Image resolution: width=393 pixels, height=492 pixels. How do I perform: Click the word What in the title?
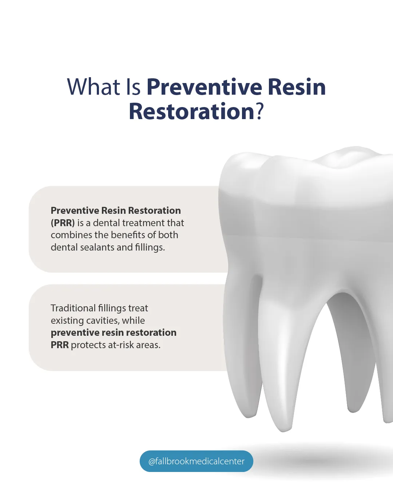(x=94, y=87)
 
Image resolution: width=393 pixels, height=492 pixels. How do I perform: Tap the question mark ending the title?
(x=259, y=111)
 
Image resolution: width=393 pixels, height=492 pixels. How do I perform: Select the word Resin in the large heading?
(x=297, y=87)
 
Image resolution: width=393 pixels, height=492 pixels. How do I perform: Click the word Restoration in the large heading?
(x=191, y=111)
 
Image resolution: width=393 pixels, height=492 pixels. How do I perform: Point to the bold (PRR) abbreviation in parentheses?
(x=63, y=223)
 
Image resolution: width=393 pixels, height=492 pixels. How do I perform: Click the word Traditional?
(x=73, y=308)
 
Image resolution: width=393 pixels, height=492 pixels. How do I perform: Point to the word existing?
(x=67, y=321)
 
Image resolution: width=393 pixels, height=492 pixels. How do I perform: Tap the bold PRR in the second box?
(x=60, y=345)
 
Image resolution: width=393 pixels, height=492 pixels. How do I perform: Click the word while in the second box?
(x=133, y=320)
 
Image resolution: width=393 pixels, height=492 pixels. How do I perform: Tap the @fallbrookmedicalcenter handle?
(x=196, y=461)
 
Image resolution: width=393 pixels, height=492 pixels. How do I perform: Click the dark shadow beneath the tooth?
(x=320, y=460)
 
